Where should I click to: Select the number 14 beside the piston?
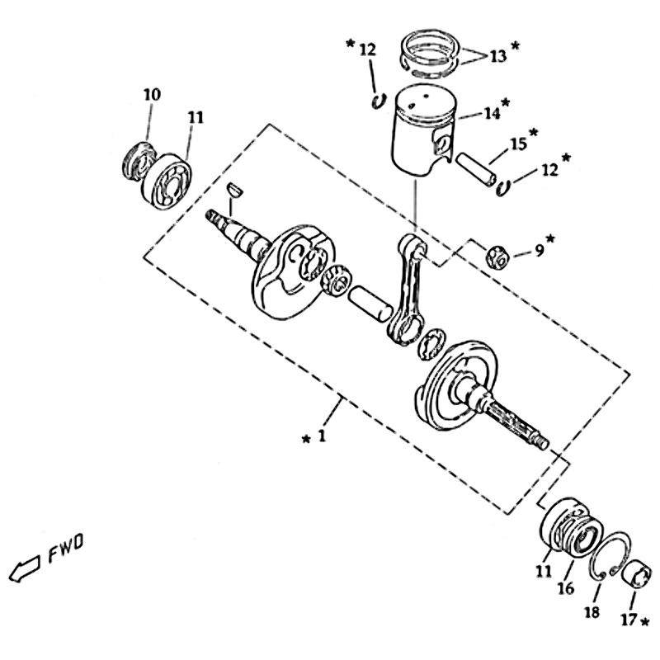click(x=493, y=113)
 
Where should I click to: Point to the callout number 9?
click(x=539, y=248)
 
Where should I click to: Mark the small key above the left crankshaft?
click(x=233, y=189)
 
